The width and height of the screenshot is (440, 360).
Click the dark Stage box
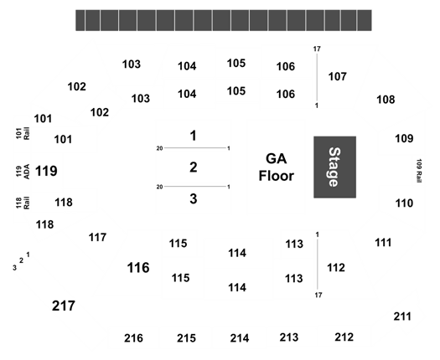334,167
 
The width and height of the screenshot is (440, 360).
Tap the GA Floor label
276,167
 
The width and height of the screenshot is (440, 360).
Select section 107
337,76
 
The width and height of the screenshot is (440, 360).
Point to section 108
386,100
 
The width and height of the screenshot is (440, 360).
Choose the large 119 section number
46,171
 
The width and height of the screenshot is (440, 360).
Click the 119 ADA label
23,172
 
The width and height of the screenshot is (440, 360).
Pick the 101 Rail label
23,133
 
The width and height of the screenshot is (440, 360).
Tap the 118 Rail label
23,203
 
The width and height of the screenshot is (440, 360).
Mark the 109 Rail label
419,171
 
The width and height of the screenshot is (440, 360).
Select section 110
404,203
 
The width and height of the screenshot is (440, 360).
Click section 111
383,243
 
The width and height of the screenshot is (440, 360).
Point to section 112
336,268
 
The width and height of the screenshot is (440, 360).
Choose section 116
138,267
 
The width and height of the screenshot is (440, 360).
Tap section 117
97,238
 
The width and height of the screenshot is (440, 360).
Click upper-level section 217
64,306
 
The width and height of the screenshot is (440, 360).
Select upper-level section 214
240,338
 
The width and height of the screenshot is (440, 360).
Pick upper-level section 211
402,316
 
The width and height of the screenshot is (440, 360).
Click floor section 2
194,167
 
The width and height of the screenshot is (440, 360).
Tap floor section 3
194,198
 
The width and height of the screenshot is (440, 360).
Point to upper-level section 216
133,338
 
